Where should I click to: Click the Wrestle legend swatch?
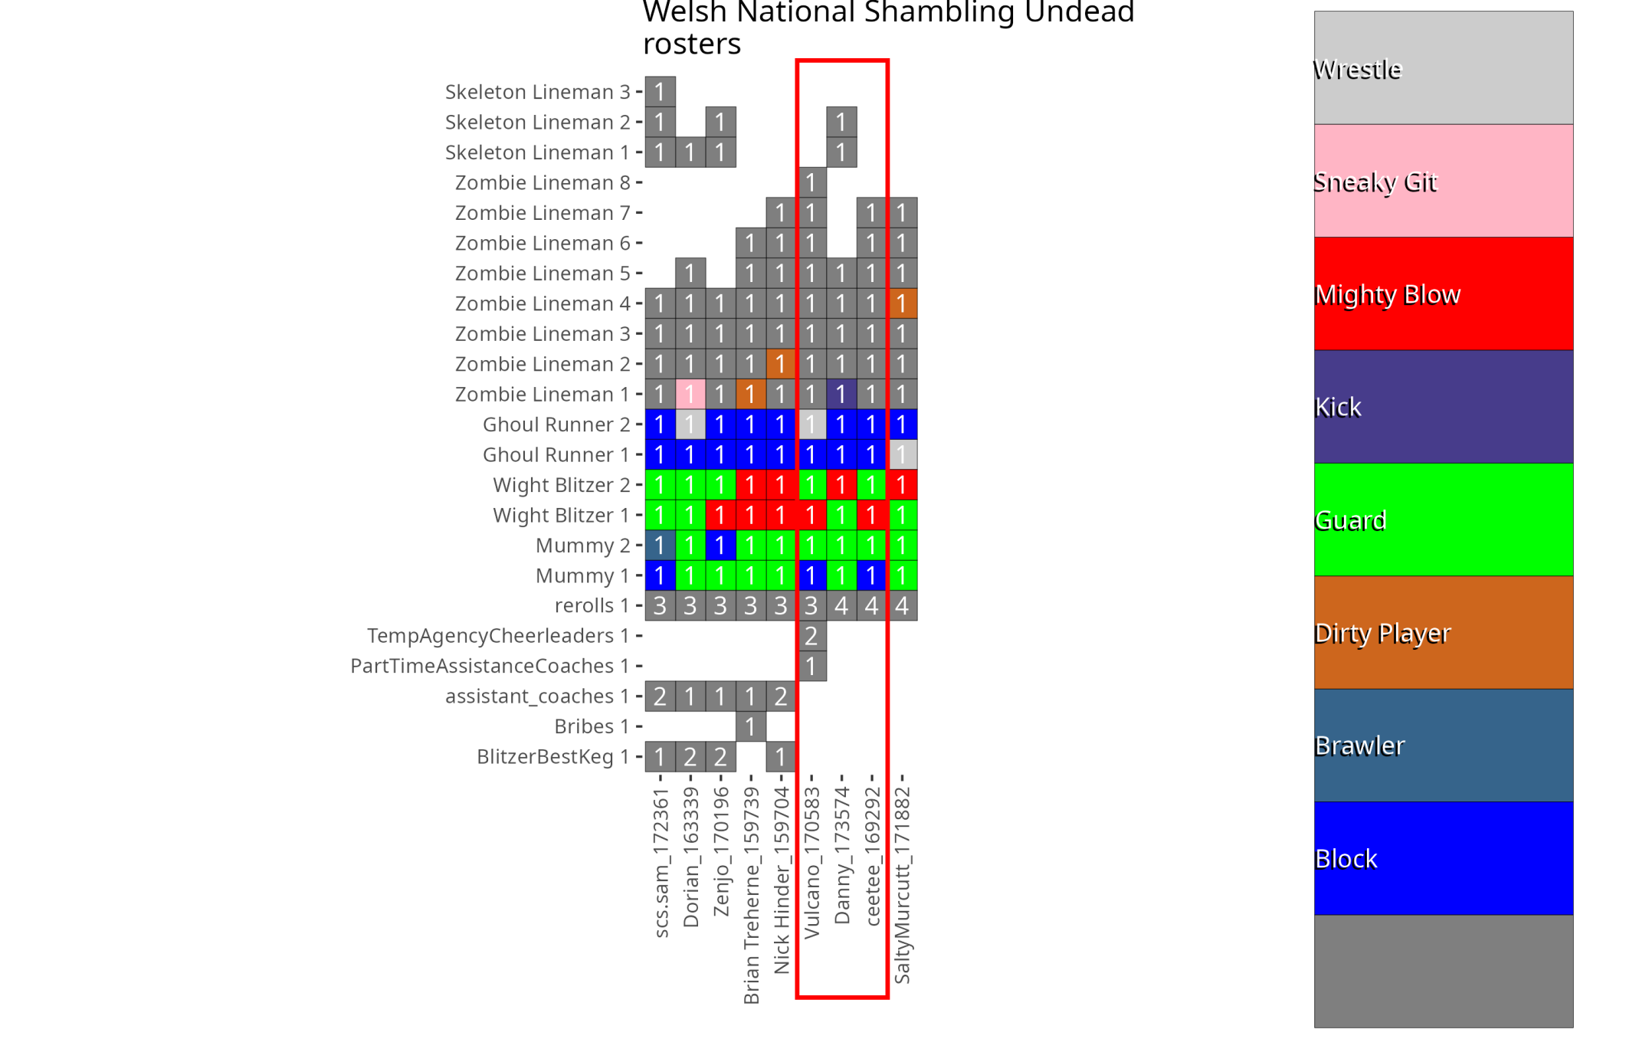pyautogui.click(x=1443, y=68)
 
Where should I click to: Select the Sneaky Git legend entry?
pyautogui.click(x=1443, y=181)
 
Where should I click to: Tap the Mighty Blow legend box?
pyautogui.click(x=1443, y=293)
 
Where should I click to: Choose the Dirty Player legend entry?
pyautogui.click(x=1443, y=632)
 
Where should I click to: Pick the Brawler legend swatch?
pyautogui.click(x=1443, y=745)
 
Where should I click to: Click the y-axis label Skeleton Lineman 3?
pyautogui.click(x=537, y=92)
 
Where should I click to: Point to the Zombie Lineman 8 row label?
pyautogui.click(x=542, y=182)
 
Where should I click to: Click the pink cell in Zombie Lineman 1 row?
pyautogui.click(x=690, y=394)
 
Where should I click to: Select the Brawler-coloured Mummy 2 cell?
pyautogui.click(x=660, y=545)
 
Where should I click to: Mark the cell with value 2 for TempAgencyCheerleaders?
pyautogui.click(x=811, y=636)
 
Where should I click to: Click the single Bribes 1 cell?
pyautogui.click(x=751, y=726)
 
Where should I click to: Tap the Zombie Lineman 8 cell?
pyautogui.click(x=811, y=182)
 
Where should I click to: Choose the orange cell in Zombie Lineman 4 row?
pyautogui.click(x=902, y=303)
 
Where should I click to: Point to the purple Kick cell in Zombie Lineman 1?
pyautogui.click(x=841, y=394)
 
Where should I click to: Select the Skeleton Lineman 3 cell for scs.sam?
pyautogui.click(x=660, y=92)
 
